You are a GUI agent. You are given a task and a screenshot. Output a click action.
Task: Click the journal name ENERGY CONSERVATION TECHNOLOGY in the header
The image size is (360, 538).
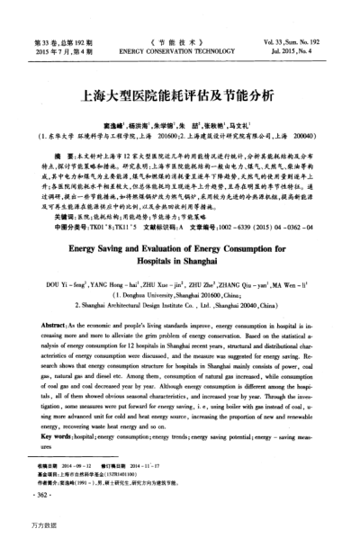click(179, 53)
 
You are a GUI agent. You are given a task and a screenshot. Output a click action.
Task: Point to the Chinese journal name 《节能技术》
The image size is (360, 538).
click(179, 42)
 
